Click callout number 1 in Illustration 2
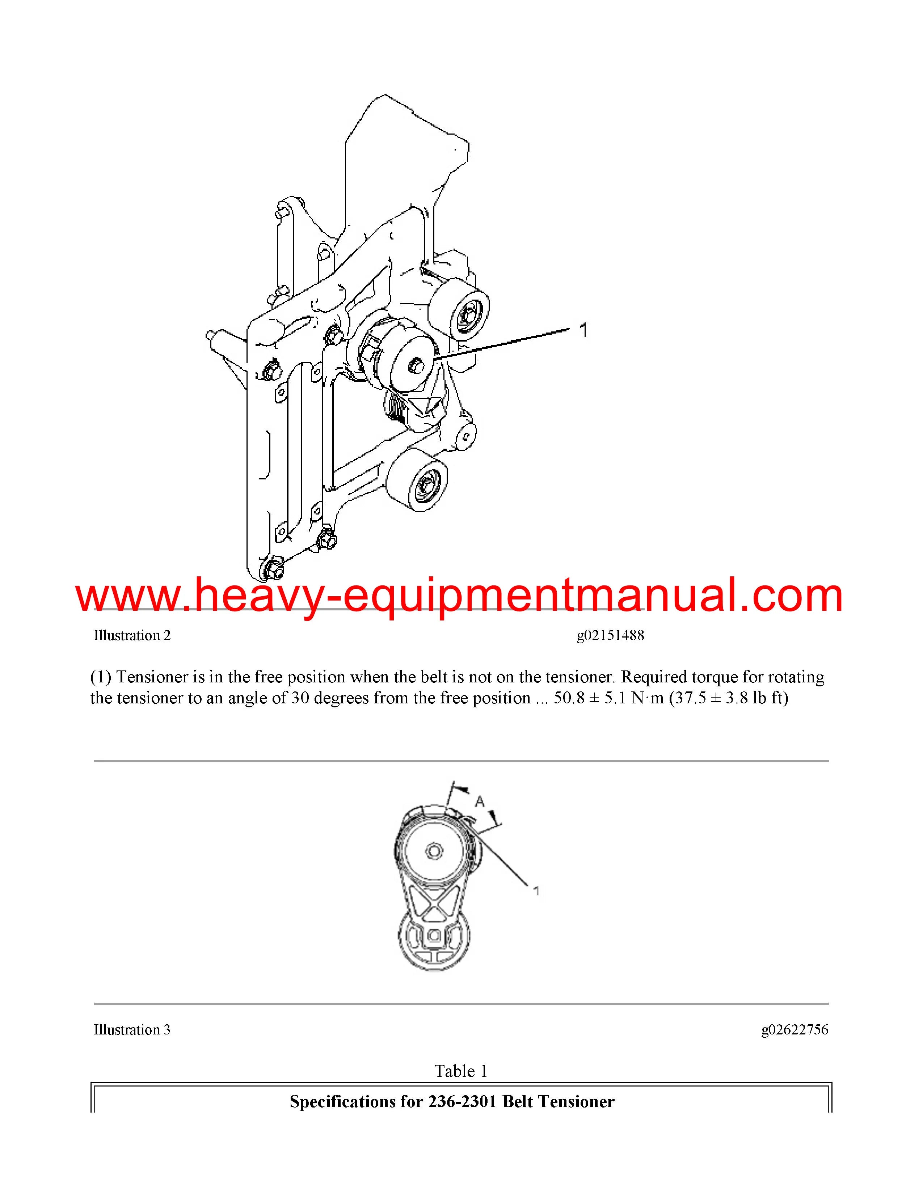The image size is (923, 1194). pyautogui.click(x=583, y=330)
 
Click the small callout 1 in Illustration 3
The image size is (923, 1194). pyautogui.click(x=536, y=891)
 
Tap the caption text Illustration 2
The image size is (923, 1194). pyautogui.click(x=132, y=635)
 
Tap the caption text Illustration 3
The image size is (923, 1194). pyautogui.click(x=132, y=1029)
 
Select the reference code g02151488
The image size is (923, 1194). pyautogui.click(x=610, y=635)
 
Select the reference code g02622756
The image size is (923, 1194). pyautogui.click(x=795, y=1029)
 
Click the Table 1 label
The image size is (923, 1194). pyautogui.click(x=461, y=1071)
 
